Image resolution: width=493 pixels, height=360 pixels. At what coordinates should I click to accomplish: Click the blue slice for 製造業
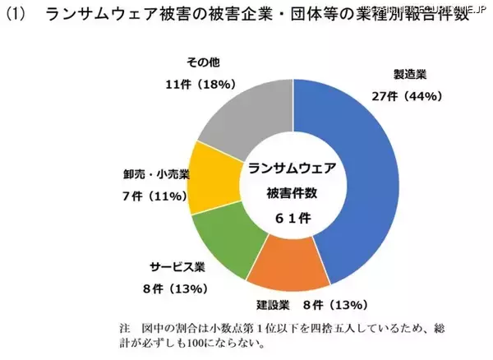[362, 164]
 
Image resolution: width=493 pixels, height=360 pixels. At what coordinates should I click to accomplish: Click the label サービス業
[177, 267]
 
